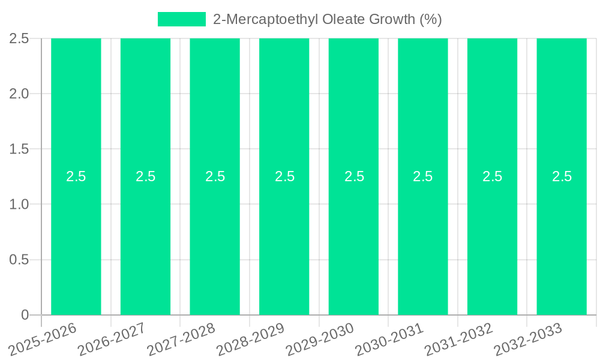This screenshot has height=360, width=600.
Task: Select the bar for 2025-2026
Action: click(x=76, y=240)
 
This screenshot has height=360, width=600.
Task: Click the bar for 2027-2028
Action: click(x=215, y=240)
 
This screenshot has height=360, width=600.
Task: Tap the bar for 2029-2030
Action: click(x=353, y=240)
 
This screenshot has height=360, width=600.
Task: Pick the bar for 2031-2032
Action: click(x=492, y=240)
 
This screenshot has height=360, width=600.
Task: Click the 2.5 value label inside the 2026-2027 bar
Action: click(x=146, y=176)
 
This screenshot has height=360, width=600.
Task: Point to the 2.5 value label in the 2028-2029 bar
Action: click(x=284, y=176)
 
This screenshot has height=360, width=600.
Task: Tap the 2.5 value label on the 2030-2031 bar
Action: click(x=423, y=176)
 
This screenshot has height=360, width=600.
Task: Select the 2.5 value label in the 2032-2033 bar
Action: click(x=562, y=176)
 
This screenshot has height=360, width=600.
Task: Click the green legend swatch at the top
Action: click(x=181, y=19)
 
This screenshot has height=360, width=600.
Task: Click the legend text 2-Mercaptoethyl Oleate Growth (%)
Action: click(x=328, y=19)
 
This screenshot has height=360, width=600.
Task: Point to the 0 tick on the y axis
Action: click(x=25, y=315)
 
